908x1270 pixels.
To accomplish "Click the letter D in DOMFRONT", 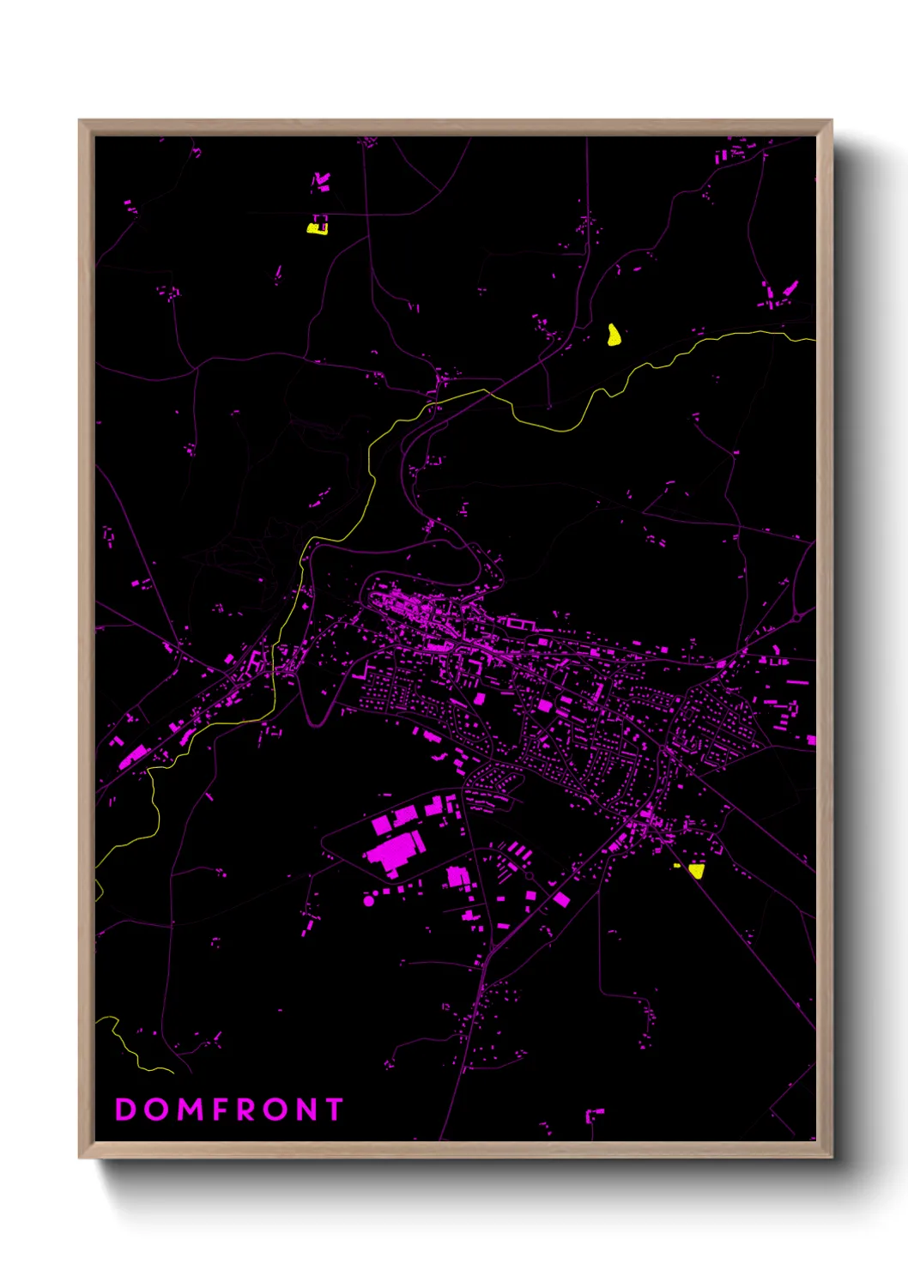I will [x=125, y=1110].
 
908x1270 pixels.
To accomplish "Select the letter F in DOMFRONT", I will [x=221, y=1110].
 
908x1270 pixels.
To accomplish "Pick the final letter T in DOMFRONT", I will [x=334, y=1110].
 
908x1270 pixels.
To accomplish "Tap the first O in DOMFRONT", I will [x=157, y=1110].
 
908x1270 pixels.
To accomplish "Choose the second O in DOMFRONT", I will [x=275, y=1110].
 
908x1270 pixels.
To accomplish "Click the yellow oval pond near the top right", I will [x=614, y=335].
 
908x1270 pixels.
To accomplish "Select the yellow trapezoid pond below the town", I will [x=696, y=871].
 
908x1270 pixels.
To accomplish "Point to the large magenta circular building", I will [x=369, y=901].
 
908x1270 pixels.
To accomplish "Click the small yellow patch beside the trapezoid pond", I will [x=676, y=866].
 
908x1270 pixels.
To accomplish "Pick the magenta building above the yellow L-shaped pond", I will [x=321, y=181].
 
